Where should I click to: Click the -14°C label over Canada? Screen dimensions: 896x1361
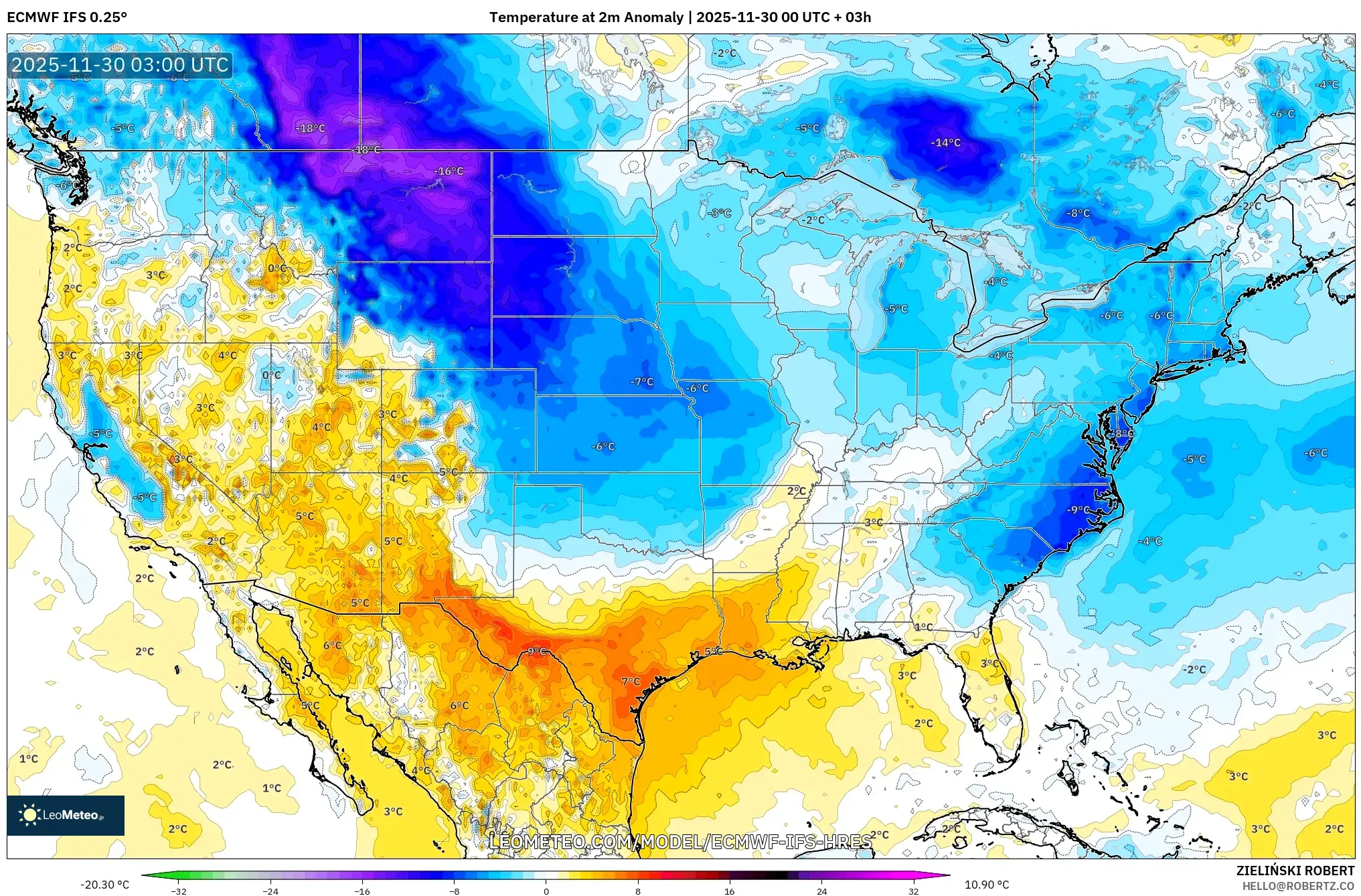coord(945,143)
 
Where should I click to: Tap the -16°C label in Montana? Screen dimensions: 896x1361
coord(449,171)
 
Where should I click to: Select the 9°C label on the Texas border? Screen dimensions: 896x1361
coord(536,652)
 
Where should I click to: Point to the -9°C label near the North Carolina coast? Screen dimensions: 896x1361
coord(1078,510)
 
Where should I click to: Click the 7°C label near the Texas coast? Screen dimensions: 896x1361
coord(631,682)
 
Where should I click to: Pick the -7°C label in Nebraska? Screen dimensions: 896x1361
coord(642,382)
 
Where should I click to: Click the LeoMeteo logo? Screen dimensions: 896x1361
coord(65,815)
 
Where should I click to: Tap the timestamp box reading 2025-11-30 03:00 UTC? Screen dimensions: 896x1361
coord(120,65)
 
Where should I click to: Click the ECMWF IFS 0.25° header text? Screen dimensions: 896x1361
coord(67,17)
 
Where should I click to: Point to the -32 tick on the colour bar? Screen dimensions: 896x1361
coord(179,891)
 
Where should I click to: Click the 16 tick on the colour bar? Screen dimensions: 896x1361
coord(730,891)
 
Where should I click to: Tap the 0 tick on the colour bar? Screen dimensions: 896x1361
coord(546,891)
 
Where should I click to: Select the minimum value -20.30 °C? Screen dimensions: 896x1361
coord(105,885)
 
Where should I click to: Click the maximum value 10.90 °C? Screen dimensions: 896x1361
coord(986,885)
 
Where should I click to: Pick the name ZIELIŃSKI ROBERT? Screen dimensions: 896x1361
coord(1295,871)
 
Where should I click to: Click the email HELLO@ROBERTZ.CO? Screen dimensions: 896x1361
coord(1298,886)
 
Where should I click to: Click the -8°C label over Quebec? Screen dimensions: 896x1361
coord(1078,213)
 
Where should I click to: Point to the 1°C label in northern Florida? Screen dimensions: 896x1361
coord(923,627)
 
